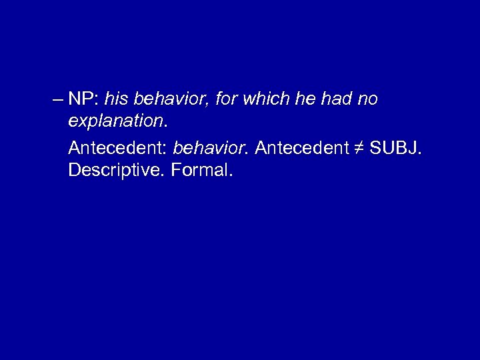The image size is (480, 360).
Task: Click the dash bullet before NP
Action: tap(56, 100)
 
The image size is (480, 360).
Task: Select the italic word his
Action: tap(117, 99)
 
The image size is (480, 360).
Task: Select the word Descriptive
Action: tap(117, 171)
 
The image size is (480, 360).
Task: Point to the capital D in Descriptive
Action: tap(74, 171)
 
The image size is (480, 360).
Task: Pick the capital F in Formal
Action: tap(176, 171)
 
